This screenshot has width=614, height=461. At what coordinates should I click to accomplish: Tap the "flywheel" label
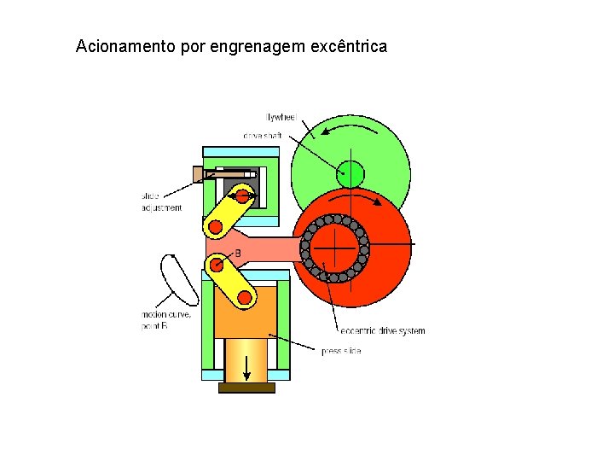pyautogui.click(x=281, y=116)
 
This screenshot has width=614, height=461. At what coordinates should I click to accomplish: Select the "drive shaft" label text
pyautogui.click(x=262, y=136)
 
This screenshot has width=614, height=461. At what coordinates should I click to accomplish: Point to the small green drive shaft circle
pyautogui.click(x=350, y=174)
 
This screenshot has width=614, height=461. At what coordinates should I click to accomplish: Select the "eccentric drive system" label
pyautogui.click(x=382, y=330)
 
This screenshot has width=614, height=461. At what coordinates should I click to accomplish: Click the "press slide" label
pyautogui.click(x=341, y=351)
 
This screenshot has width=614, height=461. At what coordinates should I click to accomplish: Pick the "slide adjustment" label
pyautogui.click(x=161, y=201)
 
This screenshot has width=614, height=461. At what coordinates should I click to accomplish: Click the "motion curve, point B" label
pyautogui.click(x=166, y=321)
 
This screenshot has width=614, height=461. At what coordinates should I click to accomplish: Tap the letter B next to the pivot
pyautogui.click(x=238, y=254)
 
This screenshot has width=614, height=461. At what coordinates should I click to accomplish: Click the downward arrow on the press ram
pyautogui.click(x=247, y=367)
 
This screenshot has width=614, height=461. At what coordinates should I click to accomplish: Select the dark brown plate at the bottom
pyautogui.click(x=246, y=388)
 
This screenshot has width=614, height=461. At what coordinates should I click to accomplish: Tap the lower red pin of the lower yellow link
pyautogui.click(x=246, y=297)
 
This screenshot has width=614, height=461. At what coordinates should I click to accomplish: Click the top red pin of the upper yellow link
pyautogui.click(x=243, y=196)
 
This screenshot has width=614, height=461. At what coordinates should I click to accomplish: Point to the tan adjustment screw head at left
pyautogui.click(x=198, y=174)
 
